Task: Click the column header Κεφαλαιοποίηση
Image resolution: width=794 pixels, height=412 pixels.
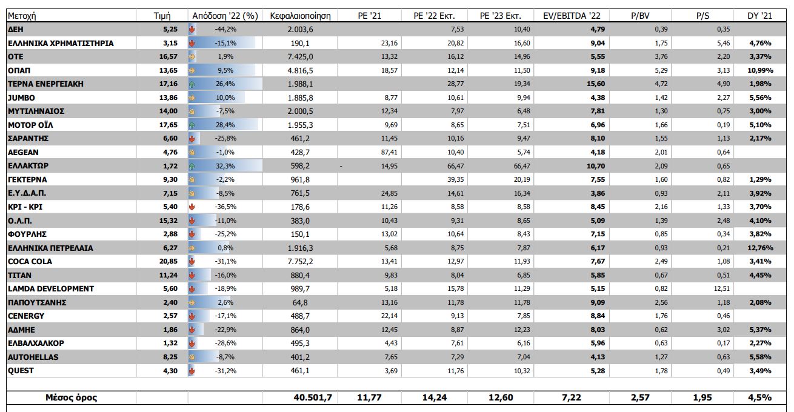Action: (296, 16)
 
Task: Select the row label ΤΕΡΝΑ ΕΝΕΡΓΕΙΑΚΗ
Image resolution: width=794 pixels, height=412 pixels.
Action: (45, 84)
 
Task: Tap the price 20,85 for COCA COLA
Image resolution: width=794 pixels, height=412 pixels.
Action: (167, 262)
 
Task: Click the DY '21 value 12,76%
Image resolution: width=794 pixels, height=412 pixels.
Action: (760, 248)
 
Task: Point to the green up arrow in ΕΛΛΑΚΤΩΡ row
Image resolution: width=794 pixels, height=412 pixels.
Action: (192, 166)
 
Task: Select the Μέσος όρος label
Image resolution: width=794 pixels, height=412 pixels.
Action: (72, 397)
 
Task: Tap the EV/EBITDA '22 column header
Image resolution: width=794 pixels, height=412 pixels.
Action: (572, 16)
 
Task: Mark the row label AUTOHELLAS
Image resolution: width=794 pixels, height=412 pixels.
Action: (33, 357)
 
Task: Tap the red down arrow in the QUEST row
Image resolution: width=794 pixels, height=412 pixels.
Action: (192, 371)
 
